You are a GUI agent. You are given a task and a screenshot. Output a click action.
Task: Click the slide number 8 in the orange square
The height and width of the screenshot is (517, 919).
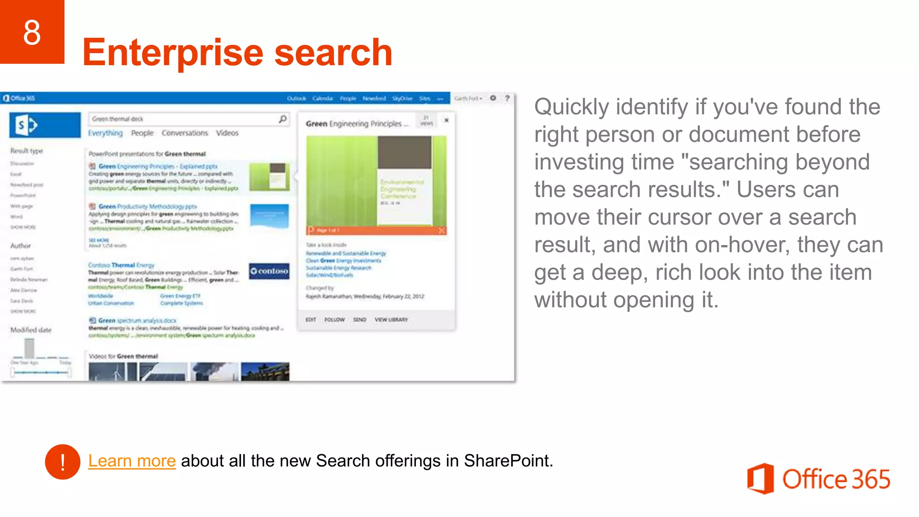(32, 32)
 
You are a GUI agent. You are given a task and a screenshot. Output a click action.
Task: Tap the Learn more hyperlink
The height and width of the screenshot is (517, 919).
(131, 461)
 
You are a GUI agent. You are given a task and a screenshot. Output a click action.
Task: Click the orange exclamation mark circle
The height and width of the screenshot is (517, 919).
(62, 462)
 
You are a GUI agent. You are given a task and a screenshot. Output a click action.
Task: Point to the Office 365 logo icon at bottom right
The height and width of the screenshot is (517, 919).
(760, 478)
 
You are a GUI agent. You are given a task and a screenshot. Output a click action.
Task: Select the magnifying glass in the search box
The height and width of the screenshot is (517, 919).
(283, 119)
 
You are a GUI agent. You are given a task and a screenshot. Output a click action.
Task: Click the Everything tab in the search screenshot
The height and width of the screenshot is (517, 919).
(105, 133)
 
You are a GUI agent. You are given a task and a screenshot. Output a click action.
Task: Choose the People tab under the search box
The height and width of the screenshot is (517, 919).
(142, 133)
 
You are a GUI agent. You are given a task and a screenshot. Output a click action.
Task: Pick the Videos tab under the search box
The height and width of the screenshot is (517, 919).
(227, 133)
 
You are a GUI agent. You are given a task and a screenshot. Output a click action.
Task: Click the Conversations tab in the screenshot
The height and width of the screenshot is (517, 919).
(185, 133)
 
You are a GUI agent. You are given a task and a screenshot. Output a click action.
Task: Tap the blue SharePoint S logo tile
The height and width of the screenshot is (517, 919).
(45, 125)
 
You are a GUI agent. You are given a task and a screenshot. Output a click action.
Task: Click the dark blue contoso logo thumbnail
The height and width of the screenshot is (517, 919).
(269, 271)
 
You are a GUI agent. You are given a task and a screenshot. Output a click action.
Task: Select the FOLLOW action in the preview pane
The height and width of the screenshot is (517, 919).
(334, 320)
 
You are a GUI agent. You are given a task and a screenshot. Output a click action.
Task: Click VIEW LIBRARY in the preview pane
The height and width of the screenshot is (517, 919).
(391, 320)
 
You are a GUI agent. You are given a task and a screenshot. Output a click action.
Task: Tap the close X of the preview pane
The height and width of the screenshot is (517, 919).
(446, 120)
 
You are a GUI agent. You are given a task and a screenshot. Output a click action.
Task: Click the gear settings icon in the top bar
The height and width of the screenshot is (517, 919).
(493, 98)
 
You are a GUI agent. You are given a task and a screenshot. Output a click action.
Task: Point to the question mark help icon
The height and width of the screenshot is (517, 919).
(507, 98)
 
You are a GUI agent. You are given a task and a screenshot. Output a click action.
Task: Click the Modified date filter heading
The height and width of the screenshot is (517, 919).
(31, 330)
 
